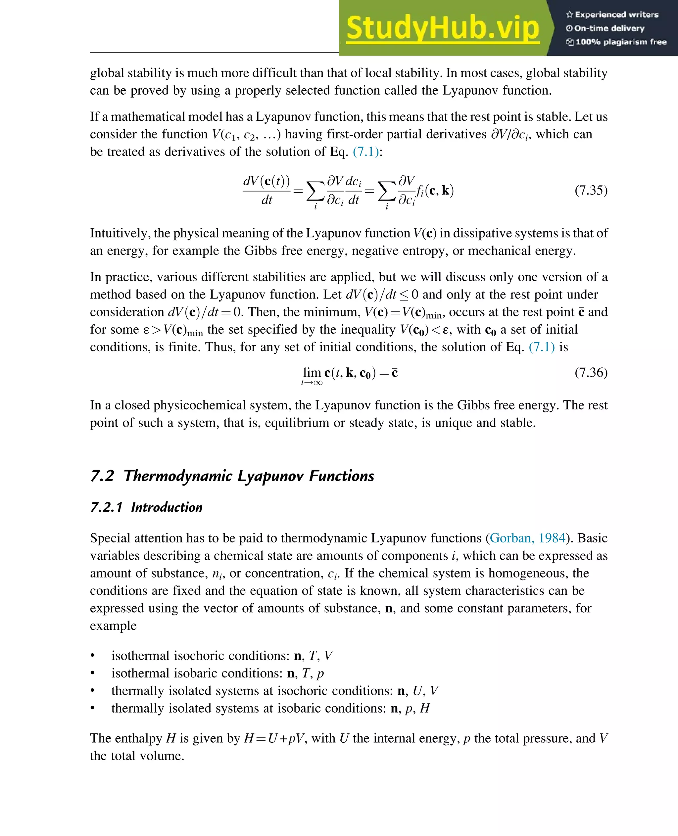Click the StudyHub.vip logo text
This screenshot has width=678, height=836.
443,28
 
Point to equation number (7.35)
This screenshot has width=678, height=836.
591,190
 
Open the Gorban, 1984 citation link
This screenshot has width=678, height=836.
528,538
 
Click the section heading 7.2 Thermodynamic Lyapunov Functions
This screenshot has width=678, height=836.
232,476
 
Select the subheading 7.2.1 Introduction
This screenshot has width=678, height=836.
146,507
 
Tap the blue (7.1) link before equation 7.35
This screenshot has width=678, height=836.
365,152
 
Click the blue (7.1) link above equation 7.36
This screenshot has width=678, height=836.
542,347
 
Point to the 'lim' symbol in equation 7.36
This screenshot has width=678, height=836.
312,373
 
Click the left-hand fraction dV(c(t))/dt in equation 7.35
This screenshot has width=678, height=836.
267,191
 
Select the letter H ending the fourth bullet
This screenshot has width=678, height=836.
424,708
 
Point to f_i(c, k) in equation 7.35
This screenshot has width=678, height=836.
435,191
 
